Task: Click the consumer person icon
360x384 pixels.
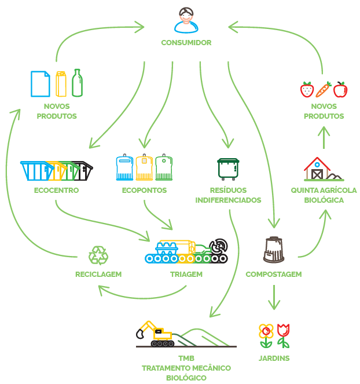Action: pyautogui.click(x=186, y=20)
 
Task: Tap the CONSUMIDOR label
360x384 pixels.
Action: pyautogui.click(x=186, y=43)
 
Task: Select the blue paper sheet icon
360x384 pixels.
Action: pyautogui.click(x=40, y=83)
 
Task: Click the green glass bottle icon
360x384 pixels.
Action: pyautogui.click(x=77, y=83)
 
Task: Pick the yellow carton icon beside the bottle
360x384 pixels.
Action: pyautogui.click(x=61, y=84)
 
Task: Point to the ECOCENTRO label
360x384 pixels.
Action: pyautogui.click(x=56, y=191)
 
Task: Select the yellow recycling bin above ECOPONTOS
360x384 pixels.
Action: pyautogui.click(x=144, y=168)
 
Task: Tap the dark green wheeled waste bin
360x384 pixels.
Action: pyautogui.click(x=227, y=169)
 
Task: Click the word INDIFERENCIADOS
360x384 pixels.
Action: pyautogui.click(x=228, y=200)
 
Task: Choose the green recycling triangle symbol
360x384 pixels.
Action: pyautogui.click(x=98, y=255)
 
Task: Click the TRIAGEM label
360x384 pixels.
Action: pyautogui.click(x=186, y=275)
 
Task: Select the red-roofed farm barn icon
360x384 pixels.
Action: pyautogui.click(x=317, y=169)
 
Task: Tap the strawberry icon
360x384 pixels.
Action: pyautogui.click(x=307, y=90)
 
